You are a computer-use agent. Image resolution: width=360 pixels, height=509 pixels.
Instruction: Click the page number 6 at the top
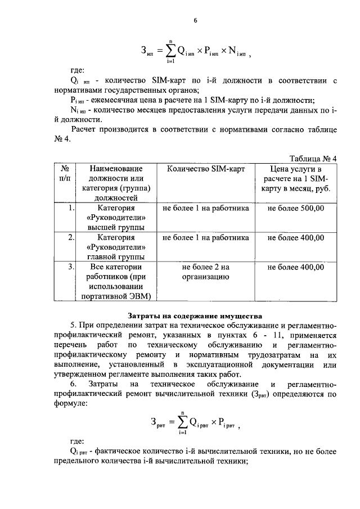[195, 21]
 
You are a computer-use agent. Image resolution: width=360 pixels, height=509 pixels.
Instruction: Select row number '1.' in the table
[70, 208]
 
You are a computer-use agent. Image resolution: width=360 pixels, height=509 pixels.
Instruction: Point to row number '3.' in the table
[70, 267]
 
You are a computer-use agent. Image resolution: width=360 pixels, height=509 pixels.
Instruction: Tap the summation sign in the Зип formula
[168, 51]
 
